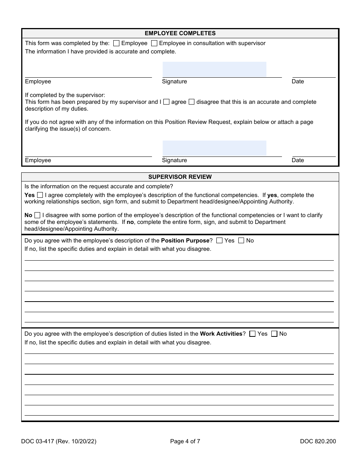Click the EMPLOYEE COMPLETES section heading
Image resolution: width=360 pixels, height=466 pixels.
180,33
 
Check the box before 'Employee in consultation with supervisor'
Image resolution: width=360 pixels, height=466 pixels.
154,43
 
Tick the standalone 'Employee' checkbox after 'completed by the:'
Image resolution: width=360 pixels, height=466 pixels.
116,43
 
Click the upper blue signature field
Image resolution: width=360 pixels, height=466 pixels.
214,69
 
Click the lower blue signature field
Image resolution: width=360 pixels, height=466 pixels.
214,148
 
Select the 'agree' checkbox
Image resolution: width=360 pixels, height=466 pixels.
166,102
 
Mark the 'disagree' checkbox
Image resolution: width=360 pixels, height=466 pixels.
191,102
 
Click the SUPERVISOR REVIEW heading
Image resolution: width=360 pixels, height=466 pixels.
180,177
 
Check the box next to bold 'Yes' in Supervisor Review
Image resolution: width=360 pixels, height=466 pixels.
40,195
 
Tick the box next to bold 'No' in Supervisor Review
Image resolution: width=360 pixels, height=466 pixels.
37,215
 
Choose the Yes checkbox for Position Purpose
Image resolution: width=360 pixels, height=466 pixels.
219,241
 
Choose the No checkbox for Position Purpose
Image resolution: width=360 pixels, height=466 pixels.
241,241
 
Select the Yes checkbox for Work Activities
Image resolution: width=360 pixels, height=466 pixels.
252,334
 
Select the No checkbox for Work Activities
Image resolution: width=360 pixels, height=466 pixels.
274,334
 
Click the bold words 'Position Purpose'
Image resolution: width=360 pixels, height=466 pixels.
185,241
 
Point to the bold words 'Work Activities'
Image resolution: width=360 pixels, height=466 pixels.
221,334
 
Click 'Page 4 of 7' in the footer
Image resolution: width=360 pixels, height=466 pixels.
185,441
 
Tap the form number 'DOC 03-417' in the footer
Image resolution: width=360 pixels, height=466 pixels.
40,441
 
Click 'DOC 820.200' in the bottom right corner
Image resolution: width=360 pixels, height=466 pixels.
318,441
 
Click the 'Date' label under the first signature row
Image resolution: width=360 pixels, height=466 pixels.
298,81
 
